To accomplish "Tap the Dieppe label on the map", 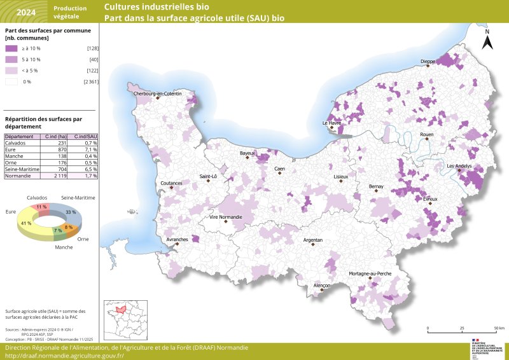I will click(428, 62).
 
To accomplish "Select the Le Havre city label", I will click(331, 123).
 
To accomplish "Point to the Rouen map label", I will click(426, 135).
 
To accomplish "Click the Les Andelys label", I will click(459, 166).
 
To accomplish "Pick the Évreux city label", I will click(430, 199).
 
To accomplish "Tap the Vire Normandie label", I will click(225, 218).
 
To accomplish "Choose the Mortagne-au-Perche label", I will click(370, 273).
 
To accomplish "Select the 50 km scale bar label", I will click(499, 328).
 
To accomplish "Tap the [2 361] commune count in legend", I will click(90, 81).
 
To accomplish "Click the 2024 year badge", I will click(26, 12).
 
